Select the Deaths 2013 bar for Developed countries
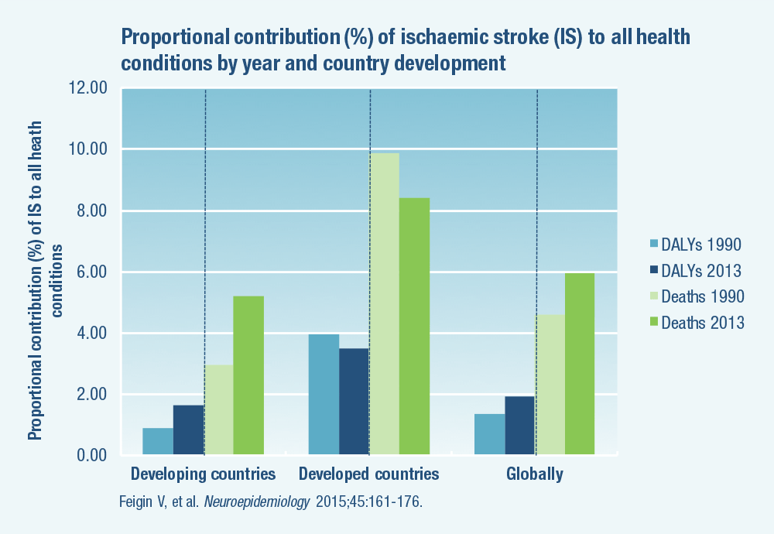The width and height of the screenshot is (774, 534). tap(414, 326)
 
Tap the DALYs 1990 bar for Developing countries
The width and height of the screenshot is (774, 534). tap(158, 441)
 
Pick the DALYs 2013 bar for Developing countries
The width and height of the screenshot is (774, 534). tap(188, 430)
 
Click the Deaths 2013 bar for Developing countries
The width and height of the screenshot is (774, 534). tap(248, 375)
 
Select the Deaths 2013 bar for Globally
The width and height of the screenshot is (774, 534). tap(580, 364)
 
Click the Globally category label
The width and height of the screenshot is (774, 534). tap(535, 474)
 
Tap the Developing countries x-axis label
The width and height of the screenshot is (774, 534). tap(203, 474)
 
